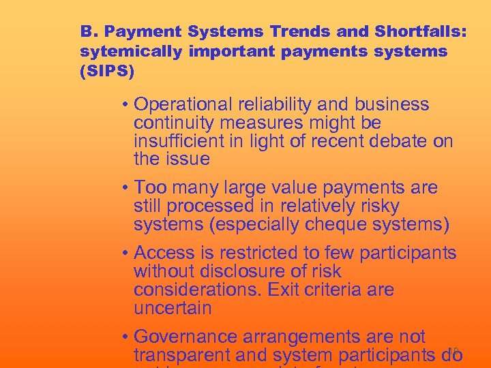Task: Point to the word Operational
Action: click(x=183, y=105)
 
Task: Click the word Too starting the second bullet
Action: click(x=151, y=187)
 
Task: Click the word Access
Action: click(x=164, y=254)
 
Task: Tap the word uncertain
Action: click(x=173, y=307)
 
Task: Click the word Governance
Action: click(x=183, y=337)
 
